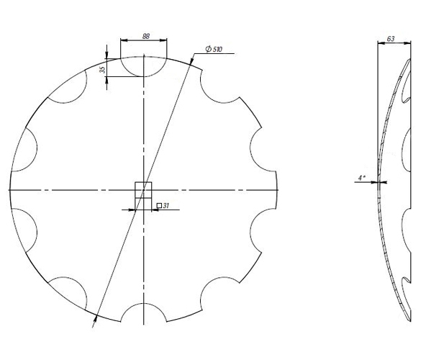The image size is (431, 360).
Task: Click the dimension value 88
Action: pyautogui.click(x=145, y=36)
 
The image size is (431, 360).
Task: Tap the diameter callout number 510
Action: pyautogui.click(x=216, y=49)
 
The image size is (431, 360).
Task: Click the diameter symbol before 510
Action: pyautogui.click(x=207, y=49)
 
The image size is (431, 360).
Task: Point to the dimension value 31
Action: pyautogui.click(x=165, y=207)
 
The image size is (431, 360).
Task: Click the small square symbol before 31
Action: pyautogui.click(x=158, y=207)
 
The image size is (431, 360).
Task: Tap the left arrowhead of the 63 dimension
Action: pyautogui.click(x=379, y=43)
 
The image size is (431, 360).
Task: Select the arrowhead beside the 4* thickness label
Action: pyautogui.click(x=376, y=183)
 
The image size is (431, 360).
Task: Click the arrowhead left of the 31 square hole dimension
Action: pyautogui.click(x=133, y=210)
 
